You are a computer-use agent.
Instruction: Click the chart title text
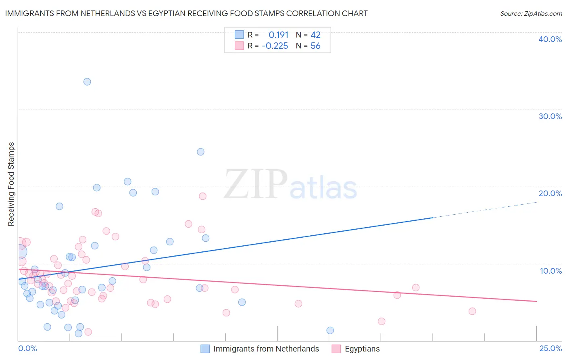pyautogui.click(x=186, y=13)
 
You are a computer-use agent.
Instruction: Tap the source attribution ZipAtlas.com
pyautogui.click(x=531, y=13)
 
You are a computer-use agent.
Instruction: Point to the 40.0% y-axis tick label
pyautogui.click(x=550, y=39)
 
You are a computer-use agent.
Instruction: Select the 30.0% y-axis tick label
pyautogui.click(x=550, y=116)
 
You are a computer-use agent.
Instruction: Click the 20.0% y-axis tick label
pyautogui.click(x=550, y=193)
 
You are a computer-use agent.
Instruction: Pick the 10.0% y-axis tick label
pyautogui.click(x=550, y=270)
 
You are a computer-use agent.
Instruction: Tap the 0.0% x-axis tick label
pyautogui.click(x=27, y=348)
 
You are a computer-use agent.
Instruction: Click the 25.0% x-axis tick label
pyautogui.click(x=550, y=348)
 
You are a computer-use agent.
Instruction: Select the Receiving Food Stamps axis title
pyautogui.click(x=11, y=184)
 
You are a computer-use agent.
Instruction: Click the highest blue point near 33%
pyautogui.click(x=87, y=82)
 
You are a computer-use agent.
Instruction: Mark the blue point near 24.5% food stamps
pyautogui.click(x=200, y=152)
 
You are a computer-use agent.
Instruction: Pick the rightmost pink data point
pyautogui.click(x=472, y=311)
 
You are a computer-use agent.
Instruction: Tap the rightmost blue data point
pyautogui.click(x=330, y=331)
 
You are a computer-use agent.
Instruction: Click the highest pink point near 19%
pyautogui.click(x=202, y=196)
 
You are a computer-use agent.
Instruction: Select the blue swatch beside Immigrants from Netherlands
pyautogui.click(x=205, y=349)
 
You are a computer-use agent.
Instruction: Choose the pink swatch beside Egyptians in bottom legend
pyautogui.click(x=336, y=349)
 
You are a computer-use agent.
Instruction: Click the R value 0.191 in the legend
pyautogui.click(x=278, y=35)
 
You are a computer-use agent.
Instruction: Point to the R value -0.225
pyautogui.click(x=275, y=46)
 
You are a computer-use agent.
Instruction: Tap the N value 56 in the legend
pyautogui.click(x=315, y=46)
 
